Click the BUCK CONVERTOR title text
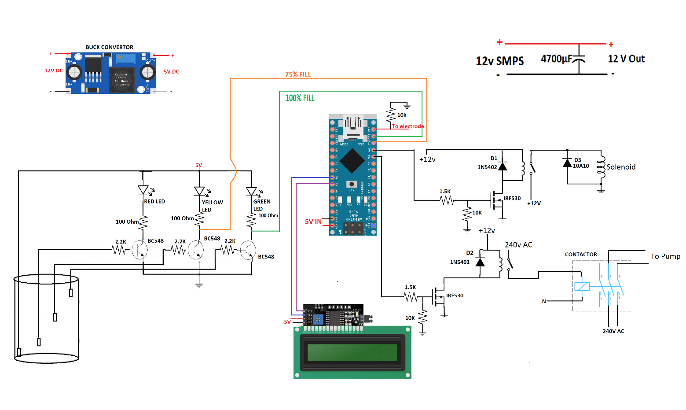(x=109, y=47)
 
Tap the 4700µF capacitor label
(x=556, y=59)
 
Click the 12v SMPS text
(x=499, y=61)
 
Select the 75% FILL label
(x=298, y=74)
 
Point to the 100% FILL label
(x=300, y=98)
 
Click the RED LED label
(x=154, y=201)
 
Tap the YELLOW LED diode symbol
(x=199, y=191)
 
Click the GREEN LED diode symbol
(x=251, y=192)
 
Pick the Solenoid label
(x=621, y=167)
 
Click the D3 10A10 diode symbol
(x=568, y=163)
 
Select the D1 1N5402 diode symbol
(x=503, y=166)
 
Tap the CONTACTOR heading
(x=581, y=255)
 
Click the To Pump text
(x=665, y=256)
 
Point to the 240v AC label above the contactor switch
(x=518, y=245)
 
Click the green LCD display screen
(x=352, y=352)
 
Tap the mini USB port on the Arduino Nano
(x=353, y=126)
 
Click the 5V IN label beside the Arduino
(x=313, y=222)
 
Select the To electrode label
(x=408, y=126)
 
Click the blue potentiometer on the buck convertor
(x=125, y=59)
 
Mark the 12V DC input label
(x=53, y=70)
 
